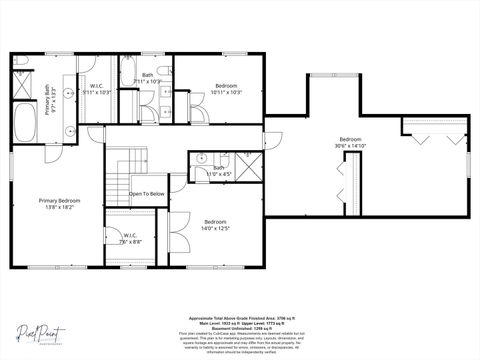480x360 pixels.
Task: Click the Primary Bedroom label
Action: pos(59,204)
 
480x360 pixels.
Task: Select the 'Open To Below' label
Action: pos(146,194)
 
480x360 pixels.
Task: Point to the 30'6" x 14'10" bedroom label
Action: pos(349,142)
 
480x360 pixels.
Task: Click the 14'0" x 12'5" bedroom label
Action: pos(216,225)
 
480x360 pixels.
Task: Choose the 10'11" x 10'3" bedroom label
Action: pos(227,89)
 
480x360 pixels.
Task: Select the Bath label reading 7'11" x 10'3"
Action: pos(147,77)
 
